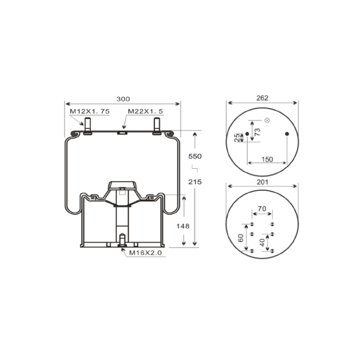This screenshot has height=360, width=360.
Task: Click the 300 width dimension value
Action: coord(123,99)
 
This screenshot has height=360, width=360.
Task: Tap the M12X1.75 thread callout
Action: coord(90,111)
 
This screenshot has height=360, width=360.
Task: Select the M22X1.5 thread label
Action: coord(145,111)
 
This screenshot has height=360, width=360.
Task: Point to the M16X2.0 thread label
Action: coord(145,253)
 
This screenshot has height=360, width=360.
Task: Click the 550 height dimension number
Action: coord(195,156)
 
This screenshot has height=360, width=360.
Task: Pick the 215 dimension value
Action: coord(195,182)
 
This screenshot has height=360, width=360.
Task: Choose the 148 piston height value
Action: coord(183,226)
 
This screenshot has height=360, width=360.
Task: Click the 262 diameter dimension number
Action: coord(262,98)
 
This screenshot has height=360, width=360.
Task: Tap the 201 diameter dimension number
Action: coord(262,182)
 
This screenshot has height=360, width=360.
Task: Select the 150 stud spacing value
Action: coord(267,159)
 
